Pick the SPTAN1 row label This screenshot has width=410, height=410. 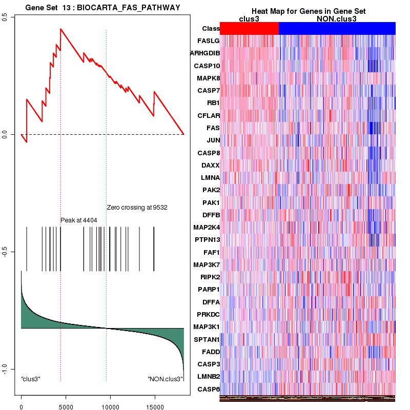pos(207,339)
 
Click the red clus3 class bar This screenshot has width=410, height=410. pos(249,29)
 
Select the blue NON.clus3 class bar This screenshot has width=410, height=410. pos(337,29)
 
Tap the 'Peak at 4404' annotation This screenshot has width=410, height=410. pos(79,220)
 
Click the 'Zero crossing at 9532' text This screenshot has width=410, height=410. pos(137,208)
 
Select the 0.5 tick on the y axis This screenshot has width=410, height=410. pos(6,17)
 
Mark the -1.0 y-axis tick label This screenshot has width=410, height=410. pos(6,369)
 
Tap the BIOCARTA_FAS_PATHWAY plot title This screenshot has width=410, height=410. pos(102,6)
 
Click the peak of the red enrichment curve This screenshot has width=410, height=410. pos(60,29)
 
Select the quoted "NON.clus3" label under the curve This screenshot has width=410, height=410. pos(165,379)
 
